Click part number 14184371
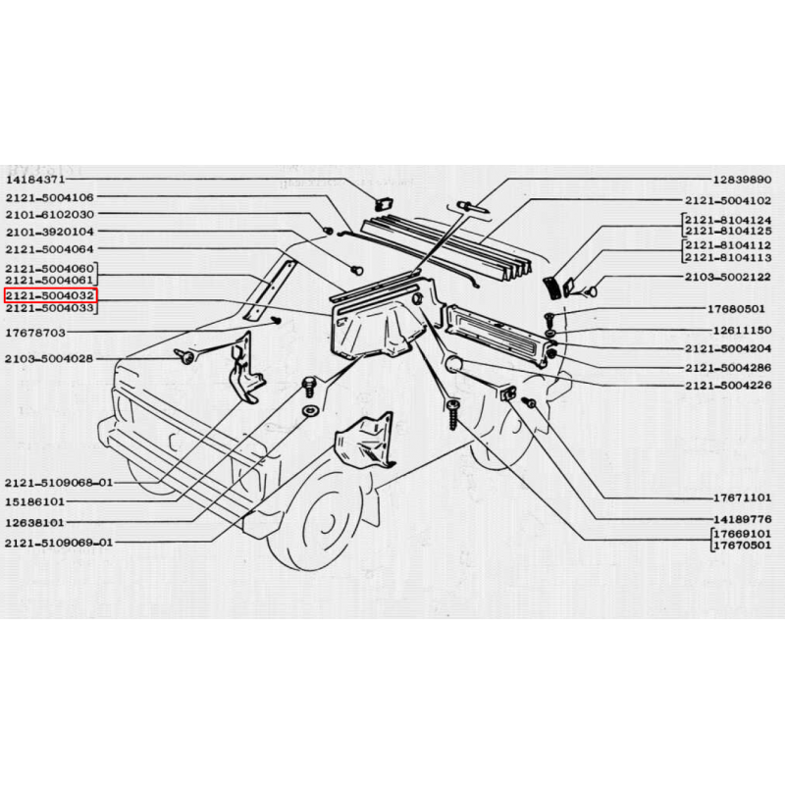[35, 180]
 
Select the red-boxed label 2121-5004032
[50, 296]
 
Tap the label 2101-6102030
[50, 215]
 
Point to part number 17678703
[35, 333]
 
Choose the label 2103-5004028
[49, 358]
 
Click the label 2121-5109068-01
[59, 483]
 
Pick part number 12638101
[34, 523]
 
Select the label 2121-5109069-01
[59, 543]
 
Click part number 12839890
[742, 180]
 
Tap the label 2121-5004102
[728, 200]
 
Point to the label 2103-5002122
[728, 277]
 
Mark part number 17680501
[736, 309]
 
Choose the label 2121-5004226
[728, 385]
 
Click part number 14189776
[742, 519]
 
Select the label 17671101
[742, 498]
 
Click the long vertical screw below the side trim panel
[453, 414]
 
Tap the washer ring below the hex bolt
[310, 411]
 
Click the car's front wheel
[321, 521]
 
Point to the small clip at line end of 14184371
[385, 204]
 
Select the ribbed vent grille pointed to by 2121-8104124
[551, 288]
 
